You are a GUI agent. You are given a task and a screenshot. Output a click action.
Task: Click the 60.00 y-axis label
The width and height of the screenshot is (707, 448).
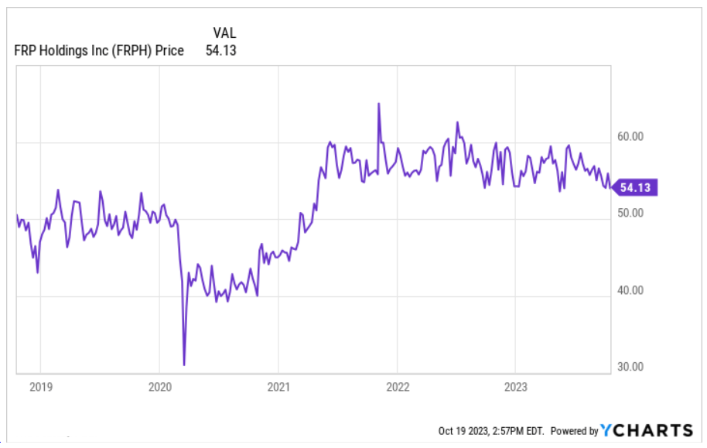point(631,136)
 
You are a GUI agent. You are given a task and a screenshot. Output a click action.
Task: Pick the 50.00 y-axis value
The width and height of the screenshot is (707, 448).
point(631,213)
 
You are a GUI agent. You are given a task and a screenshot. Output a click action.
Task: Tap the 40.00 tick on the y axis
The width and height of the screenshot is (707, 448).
point(631,290)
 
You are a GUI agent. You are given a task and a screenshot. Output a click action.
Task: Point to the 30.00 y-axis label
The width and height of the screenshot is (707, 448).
point(631,367)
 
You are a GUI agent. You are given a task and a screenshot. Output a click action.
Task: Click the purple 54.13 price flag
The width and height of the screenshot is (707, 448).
point(637,186)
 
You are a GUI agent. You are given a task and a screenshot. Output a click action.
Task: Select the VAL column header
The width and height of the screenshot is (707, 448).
point(224,32)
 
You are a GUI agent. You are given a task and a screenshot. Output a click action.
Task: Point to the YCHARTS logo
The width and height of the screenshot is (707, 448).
point(647,430)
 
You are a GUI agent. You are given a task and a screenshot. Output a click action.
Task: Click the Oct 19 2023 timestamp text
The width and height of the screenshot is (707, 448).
point(490,431)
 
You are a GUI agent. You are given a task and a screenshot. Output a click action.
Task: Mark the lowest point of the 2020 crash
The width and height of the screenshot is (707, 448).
point(184,364)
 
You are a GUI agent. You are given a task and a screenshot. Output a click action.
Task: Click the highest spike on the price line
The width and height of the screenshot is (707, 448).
point(379,103)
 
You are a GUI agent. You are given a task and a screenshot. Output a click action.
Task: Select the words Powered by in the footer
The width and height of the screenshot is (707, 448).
point(574,431)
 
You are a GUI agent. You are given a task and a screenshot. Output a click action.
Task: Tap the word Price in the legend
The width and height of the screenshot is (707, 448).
point(169,51)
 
